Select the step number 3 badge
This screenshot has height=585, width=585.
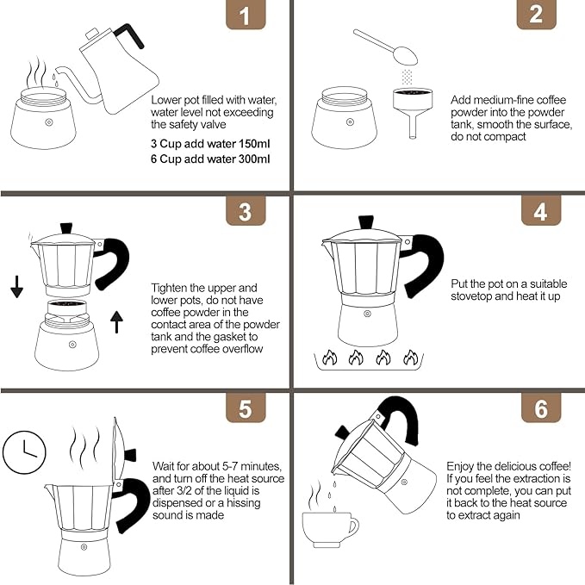click(x=245, y=212)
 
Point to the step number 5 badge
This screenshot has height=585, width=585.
click(x=245, y=408)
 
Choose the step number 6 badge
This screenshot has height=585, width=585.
click(x=539, y=408)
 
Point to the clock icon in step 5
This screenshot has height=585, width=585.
click(x=23, y=449)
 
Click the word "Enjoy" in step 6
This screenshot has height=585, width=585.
click(x=463, y=465)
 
